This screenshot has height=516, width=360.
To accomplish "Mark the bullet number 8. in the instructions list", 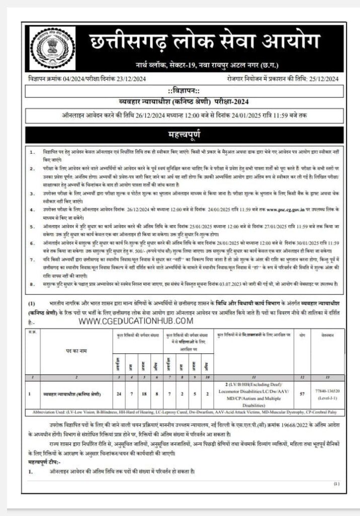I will click(x=32, y=284).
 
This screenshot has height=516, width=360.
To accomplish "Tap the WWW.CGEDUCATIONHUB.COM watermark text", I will click(x=135, y=321).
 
